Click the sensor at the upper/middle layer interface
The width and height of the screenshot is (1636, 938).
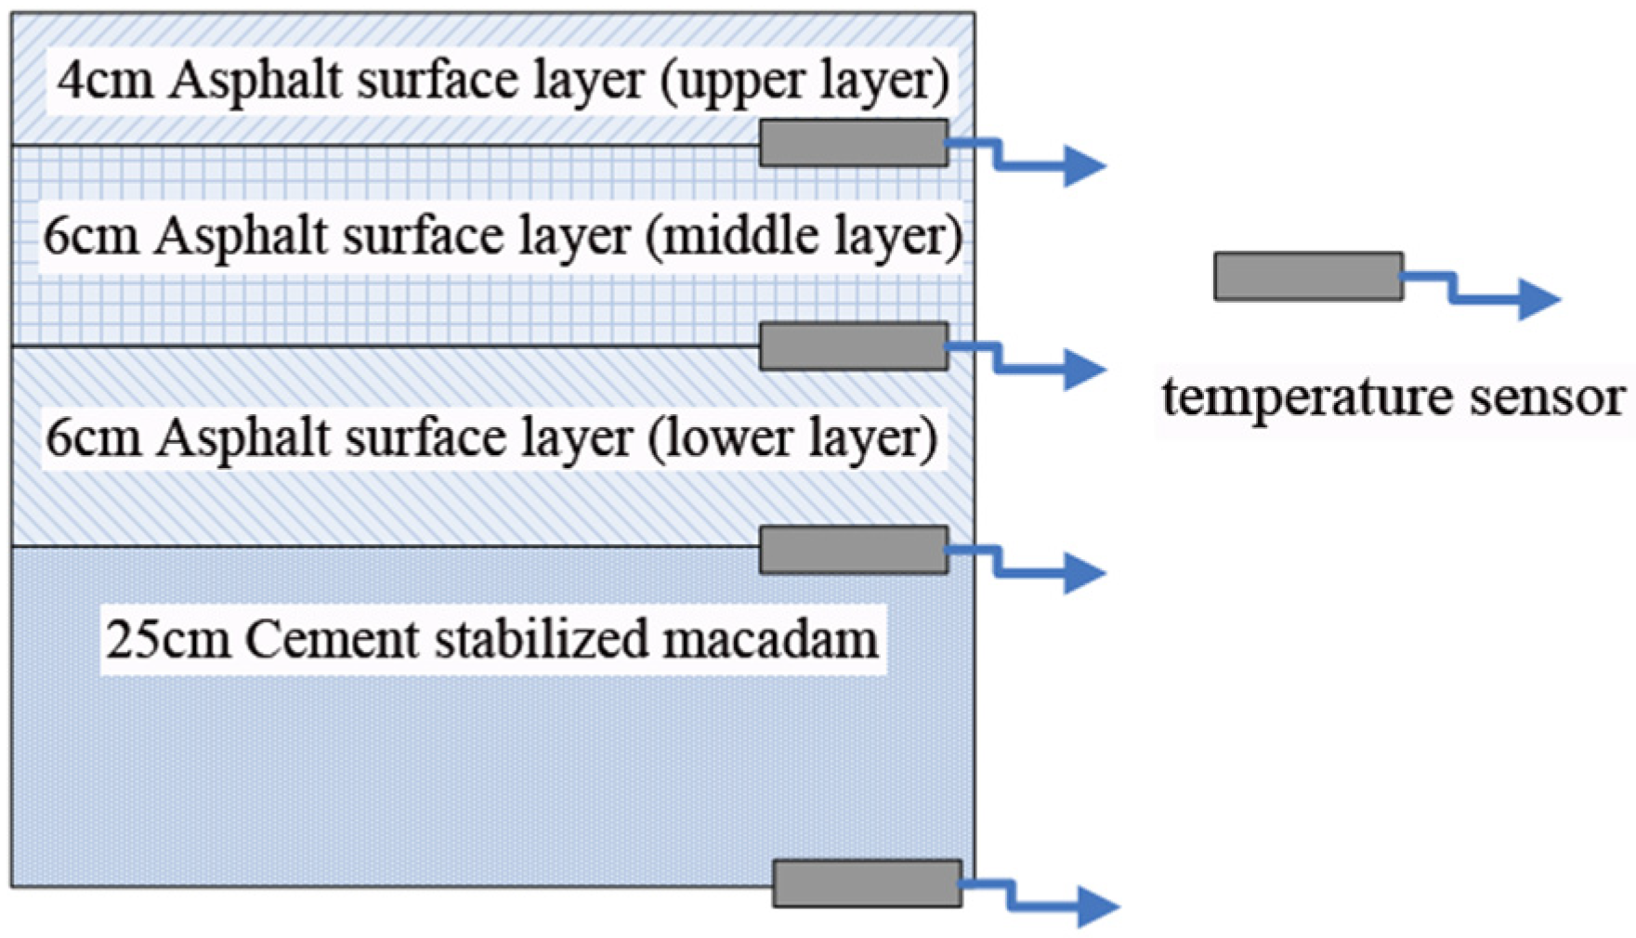(854, 143)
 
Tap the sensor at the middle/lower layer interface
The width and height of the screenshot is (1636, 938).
(854, 346)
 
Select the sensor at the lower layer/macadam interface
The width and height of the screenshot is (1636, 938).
(854, 550)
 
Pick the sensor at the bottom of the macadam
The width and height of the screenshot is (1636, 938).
(867, 883)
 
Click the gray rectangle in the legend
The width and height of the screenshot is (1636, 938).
(1308, 276)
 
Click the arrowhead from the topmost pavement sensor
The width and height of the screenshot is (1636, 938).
(1084, 166)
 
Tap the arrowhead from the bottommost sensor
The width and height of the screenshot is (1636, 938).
(1098, 905)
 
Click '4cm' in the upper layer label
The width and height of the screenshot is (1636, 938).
(105, 81)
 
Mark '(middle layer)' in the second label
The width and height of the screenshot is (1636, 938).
(804, 237)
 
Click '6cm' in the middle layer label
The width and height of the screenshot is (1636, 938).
(91, 237)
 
